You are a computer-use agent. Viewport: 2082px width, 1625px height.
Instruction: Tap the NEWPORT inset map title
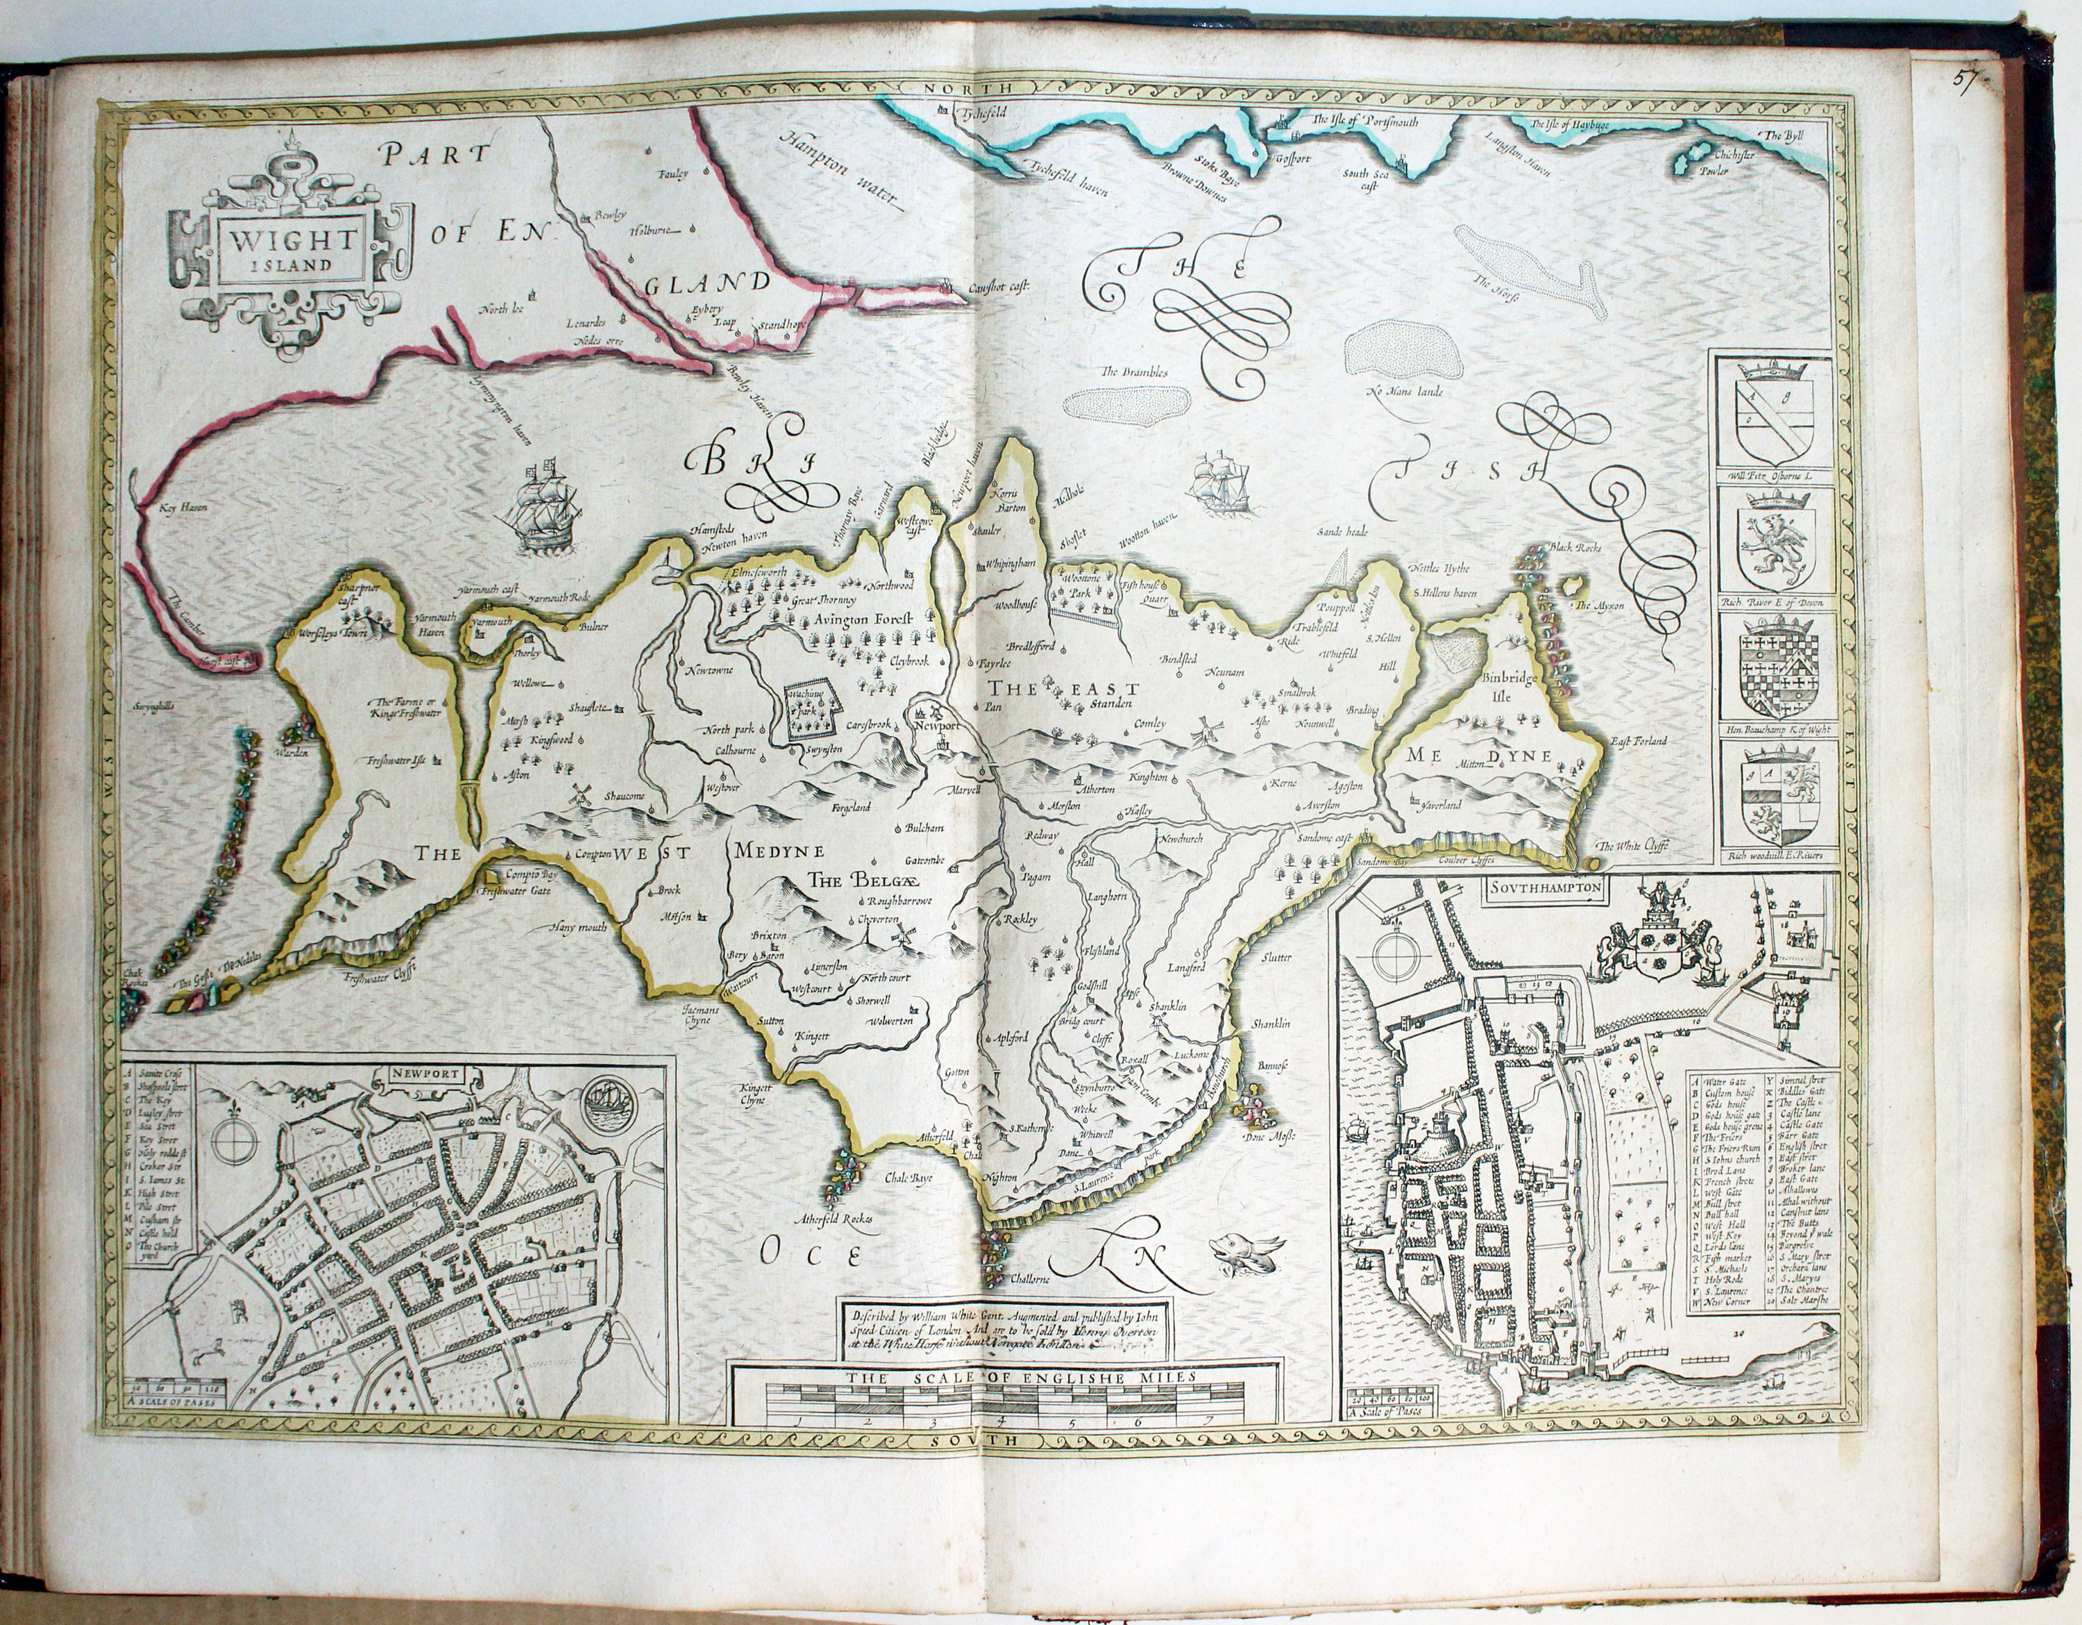(425, 1074)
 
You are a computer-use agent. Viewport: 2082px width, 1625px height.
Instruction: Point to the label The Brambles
(1133, 372)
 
